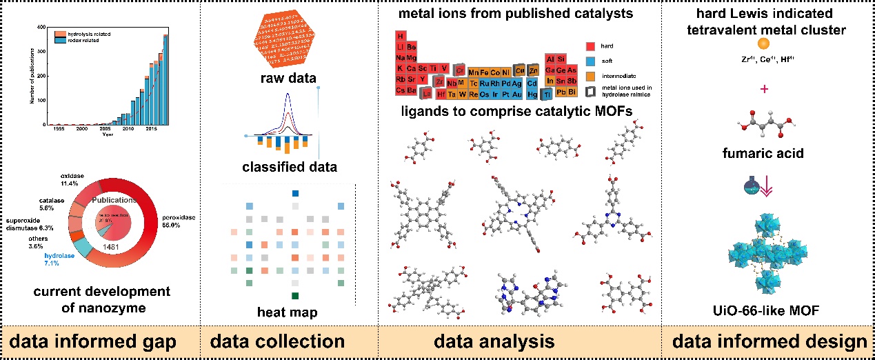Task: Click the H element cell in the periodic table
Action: pos(401,36)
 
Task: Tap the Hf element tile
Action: pos(441,94)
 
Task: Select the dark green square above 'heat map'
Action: pos(295,295)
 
